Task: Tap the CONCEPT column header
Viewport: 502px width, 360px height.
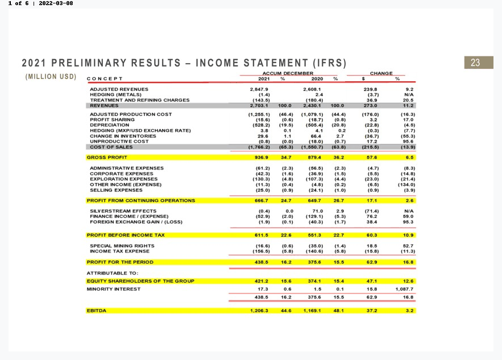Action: (105, 79)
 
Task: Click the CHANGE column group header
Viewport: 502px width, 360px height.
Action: (381, 73)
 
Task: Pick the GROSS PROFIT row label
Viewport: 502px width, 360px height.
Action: (107, 157)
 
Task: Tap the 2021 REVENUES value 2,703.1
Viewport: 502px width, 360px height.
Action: (259, 105)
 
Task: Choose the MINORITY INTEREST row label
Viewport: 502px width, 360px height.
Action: (113, 289)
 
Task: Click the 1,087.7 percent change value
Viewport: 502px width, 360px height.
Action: (404, 289)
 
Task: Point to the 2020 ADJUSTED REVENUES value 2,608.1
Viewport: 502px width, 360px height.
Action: (313, 89)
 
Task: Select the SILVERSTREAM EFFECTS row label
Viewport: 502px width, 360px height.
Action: (119, 211)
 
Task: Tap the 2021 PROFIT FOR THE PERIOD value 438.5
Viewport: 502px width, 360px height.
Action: (260, 262)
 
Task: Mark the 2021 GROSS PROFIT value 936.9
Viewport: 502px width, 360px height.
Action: (260, 157)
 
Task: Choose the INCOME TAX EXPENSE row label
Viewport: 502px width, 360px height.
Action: (119, 251)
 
